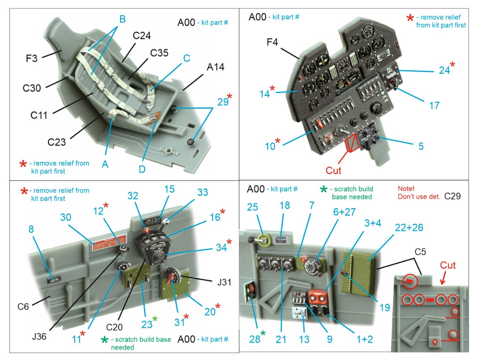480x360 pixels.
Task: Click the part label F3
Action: coord(31,58)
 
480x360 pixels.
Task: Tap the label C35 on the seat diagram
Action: coord(159,53)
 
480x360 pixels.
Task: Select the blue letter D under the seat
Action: coord(142,169)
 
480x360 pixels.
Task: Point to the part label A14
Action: coord(216,67)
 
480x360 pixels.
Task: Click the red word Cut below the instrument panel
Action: coord(333,171)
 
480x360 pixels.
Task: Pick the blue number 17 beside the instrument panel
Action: coord(434,106)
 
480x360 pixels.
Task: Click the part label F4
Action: coord(272,42)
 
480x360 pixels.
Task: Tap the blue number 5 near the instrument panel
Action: coord(421,146)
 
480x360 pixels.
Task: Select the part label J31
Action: coord(224,282)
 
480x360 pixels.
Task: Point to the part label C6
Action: coord(23,307)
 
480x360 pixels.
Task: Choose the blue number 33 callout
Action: coord(203,192)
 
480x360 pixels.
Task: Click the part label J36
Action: coord(39,337)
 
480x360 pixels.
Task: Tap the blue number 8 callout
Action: coord(31,229)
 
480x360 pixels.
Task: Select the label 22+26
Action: coord(409,228)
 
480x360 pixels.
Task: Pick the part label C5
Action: coord(420,252)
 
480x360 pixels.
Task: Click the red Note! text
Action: coord(406,189)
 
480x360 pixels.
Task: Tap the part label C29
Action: coord(452,196)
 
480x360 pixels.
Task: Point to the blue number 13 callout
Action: coord(304,339)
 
